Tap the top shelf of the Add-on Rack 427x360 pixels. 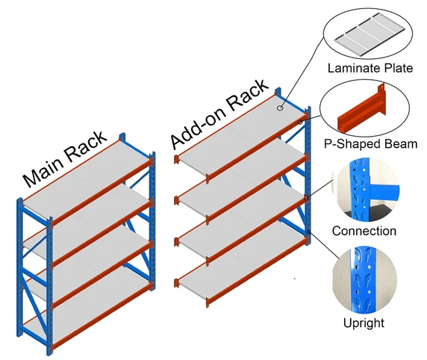[239, 131]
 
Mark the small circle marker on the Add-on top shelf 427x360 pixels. [281, 108]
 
